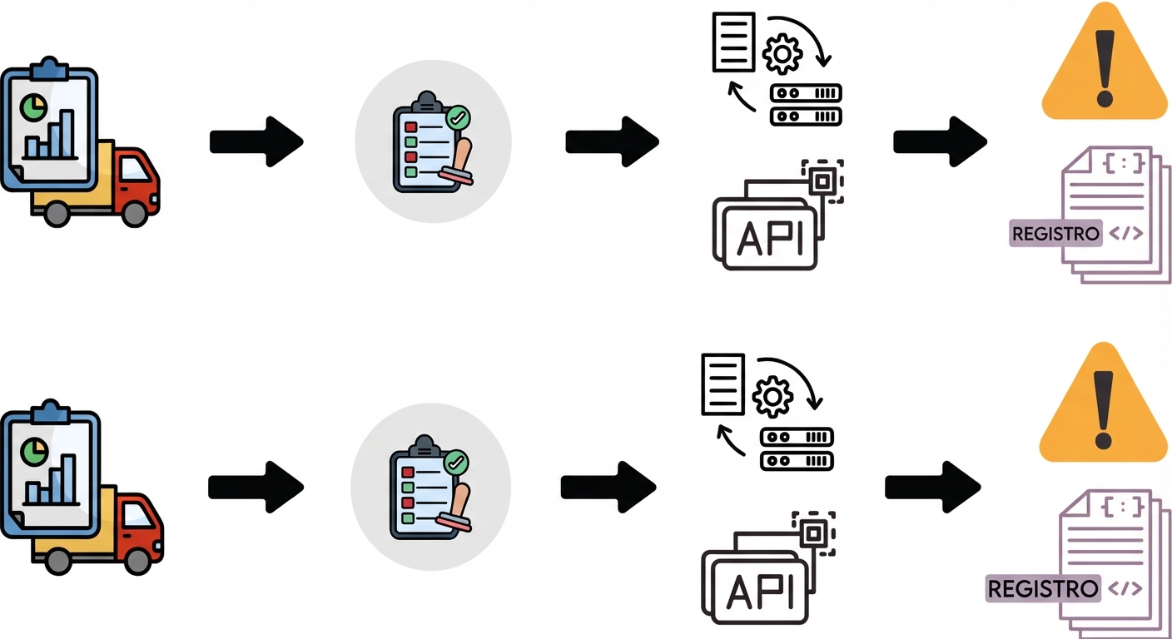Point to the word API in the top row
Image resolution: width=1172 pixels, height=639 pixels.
click(771, 238)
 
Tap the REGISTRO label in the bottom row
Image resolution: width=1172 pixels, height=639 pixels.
click(1042, 589)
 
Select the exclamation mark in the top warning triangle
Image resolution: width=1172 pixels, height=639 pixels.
click(1105, 67)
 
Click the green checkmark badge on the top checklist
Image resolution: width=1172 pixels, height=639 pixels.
click(456, 117)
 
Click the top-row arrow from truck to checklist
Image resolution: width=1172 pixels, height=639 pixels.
click(256, 141)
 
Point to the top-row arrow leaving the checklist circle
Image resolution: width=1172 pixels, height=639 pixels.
click(612, 141)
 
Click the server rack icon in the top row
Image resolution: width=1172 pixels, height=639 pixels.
click(806, 105)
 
